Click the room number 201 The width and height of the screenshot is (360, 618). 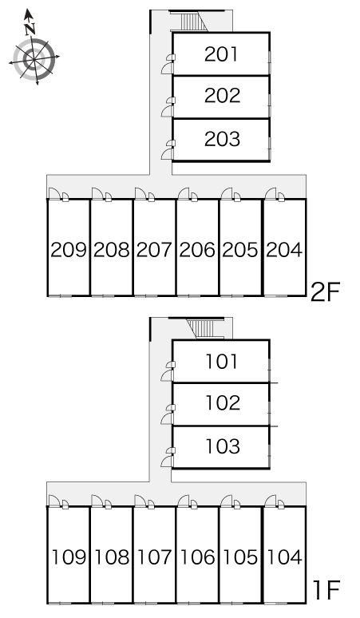tap(221, 54)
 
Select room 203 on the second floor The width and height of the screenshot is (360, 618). tap(222, 139)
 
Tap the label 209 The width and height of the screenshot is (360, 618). tap(69, 250)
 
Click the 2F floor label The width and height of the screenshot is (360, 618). tap(325, 292)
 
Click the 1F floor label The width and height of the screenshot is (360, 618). tap(326, 590)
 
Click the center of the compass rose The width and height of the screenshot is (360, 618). tap(34, 59)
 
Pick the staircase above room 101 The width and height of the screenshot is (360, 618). tap(204, 329)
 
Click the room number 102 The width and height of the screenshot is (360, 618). tap(223, 402)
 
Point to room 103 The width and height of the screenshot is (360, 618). tap(223, 446)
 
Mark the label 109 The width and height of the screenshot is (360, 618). tap(69, 557)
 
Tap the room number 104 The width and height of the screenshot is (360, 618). tap(284, 557)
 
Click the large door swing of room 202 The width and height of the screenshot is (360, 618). tap(167, 111)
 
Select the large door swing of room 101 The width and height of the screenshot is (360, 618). tap(167, 375)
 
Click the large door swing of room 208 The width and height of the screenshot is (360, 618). tap(97, 193)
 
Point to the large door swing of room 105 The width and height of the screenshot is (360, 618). tap(227, 501)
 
